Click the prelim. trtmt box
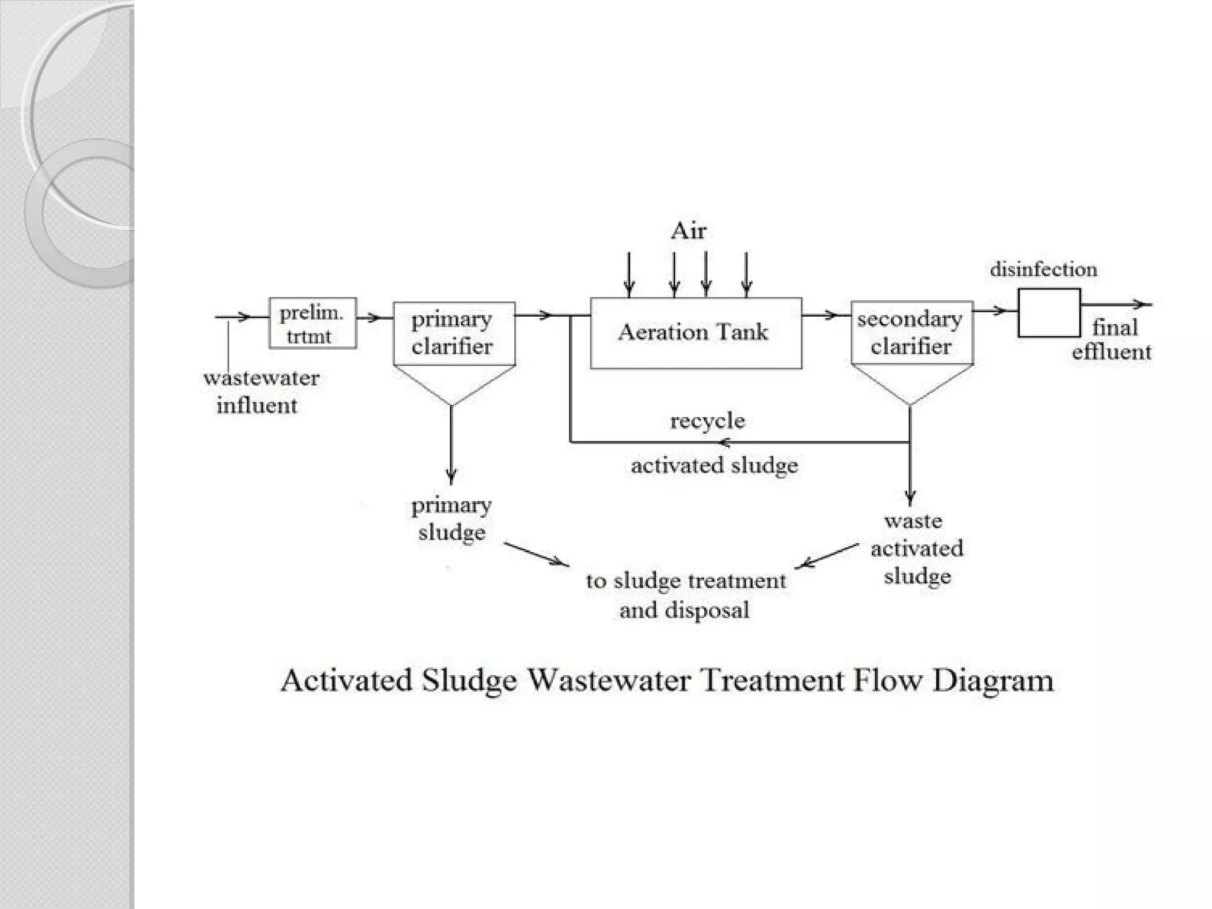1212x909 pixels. (x=312, y=323)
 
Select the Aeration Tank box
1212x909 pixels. (x=695, y=333)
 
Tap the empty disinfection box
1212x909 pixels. (x=1049, y=313)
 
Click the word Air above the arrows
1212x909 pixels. (x=688, y=231)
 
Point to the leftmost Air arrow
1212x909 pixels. (x=629, y=273)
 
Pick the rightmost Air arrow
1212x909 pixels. (x=746, y=273)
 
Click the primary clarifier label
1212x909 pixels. (x=452, y=333)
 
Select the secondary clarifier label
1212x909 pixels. (x=910, y=333)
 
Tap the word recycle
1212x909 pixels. (x=707, y=421)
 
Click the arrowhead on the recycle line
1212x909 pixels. (x=724, y=442)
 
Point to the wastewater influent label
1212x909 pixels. (x=260, y=391)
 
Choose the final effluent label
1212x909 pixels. (x=1113, y=340)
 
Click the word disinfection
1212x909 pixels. (x=1043, y=270)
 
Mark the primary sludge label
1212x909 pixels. (x=452, y=518)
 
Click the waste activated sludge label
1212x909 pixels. (x=916, y=549)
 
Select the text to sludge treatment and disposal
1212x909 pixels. (x=685, y=595)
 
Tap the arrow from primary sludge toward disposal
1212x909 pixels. (x=536, y=554)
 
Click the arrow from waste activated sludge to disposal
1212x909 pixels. (x=827, y=556)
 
